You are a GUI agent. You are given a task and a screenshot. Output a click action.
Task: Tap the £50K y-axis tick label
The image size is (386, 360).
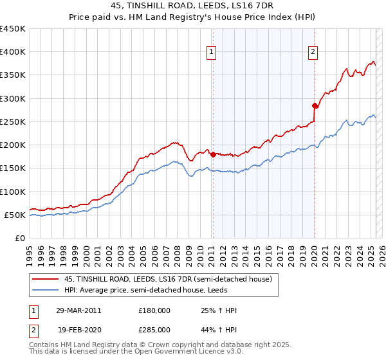click(x=15, y=215)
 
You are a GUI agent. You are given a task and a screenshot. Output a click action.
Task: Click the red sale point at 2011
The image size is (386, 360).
click(x=213, y=154)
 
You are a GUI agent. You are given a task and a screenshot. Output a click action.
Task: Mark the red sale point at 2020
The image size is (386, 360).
click(x=315, y=105)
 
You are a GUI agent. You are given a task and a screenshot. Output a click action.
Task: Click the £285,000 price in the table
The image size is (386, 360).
click(x=154, y=329)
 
